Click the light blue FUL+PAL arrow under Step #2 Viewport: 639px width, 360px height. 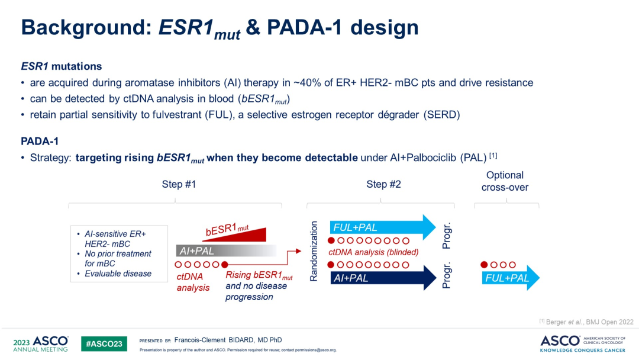[x=382, y=227]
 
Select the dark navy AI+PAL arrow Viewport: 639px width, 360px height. [x=383, y=278]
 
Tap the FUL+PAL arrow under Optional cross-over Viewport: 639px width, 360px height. [x=511, y=278]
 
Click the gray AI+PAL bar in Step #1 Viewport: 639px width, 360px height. [x=226, y=250]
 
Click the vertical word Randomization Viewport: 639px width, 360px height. [x=314, y=251]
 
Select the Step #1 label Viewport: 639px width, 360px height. [x=179, y=184]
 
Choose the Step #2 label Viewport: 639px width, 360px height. [x=383, y=184]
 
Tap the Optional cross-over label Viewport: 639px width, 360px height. [x=505, y=181]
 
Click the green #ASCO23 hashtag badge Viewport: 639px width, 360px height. [x=104, y=343]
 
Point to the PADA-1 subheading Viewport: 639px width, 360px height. [x=40, y=141]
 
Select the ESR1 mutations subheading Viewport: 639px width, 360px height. [x=62, y=66]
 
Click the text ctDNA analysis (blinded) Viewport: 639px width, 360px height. [x=373, y=252]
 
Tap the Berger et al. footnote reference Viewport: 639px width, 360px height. [x=586, y=322]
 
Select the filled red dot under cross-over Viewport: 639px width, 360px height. [x=484, y=265]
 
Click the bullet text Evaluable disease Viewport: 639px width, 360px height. [x=118, y=274]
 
